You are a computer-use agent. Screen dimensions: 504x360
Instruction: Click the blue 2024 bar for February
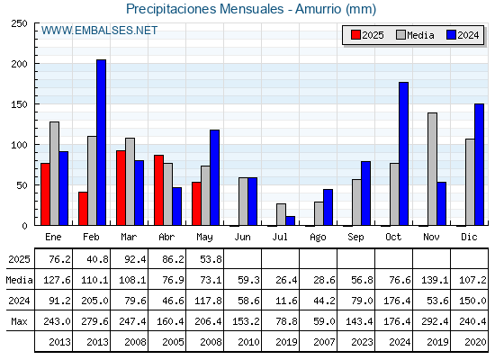coord(101,142)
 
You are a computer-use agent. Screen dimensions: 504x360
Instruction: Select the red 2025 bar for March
coord(121,188)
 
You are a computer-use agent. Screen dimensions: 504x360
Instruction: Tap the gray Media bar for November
coord(432,169)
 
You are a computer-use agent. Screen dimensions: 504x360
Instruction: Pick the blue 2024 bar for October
coord(404,154)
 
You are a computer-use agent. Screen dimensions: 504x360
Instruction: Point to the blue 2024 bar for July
coord(290,220)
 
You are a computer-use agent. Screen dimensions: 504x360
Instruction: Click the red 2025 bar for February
coord(83,209)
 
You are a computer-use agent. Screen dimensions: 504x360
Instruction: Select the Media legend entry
coord(415,35)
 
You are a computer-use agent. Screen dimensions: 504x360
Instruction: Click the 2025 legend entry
coord(367,35)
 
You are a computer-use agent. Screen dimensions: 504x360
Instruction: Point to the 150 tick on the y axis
coord(19,104)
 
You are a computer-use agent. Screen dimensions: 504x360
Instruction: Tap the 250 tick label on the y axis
coord(19,23)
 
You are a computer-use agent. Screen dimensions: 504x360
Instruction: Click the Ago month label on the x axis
coord(318,238)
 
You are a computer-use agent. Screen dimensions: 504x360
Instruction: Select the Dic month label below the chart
coord(469,237)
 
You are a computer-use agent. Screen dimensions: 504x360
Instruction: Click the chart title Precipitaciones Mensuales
coord(205,9)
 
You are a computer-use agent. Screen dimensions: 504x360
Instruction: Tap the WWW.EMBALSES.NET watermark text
coord(99,31)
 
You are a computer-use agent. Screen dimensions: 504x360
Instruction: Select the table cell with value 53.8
coord(211,259)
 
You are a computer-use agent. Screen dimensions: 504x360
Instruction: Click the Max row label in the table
coord(19,321)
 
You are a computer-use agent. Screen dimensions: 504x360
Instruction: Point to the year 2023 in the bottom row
coord(362,342)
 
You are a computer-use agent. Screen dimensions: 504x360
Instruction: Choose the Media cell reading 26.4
coord(286,280)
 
